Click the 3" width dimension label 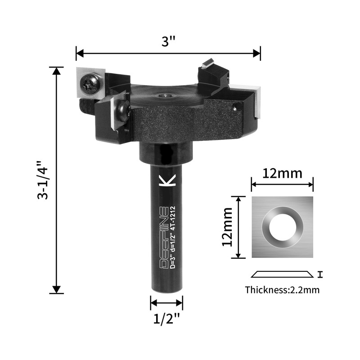(x=168, y=41)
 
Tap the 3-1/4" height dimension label (x=43, y=180)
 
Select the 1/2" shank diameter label (x=166, y=319)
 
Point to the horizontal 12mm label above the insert (x=282, y=174)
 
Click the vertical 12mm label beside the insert (x=228, y=227)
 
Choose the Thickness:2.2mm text (x=282, y=290)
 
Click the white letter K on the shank (x=167, y=180)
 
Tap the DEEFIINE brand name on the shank (x=164, y=238)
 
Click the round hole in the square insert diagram (x=282, y=227)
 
